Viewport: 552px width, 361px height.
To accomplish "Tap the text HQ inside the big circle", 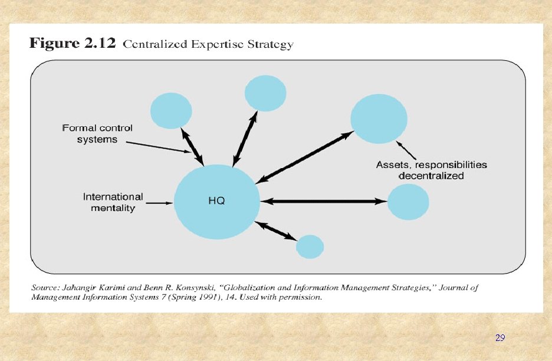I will [216, 201].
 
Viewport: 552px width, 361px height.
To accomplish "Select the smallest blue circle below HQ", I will [310, 247].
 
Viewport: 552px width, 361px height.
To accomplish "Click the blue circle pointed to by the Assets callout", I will [379, 119].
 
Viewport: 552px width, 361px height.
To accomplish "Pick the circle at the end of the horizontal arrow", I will [408, 202].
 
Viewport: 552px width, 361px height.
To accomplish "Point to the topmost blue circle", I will [265, 93].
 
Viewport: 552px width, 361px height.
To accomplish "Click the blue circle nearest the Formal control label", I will [171, 110].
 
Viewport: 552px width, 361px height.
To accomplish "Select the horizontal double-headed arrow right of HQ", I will [323, 201].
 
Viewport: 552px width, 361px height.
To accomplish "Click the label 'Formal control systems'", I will [97, 133].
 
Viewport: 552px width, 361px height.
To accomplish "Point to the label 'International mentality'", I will [113, 202].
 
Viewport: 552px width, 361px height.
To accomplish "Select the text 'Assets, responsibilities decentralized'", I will [431, 170].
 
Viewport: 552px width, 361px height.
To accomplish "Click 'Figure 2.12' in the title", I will [73, 44].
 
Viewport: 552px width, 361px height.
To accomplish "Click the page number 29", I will [500, 338].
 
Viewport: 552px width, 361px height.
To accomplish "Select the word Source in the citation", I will [45, 288].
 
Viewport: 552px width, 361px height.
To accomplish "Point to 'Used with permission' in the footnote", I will [288, 297].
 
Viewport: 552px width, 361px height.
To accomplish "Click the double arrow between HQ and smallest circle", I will [275, 231].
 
